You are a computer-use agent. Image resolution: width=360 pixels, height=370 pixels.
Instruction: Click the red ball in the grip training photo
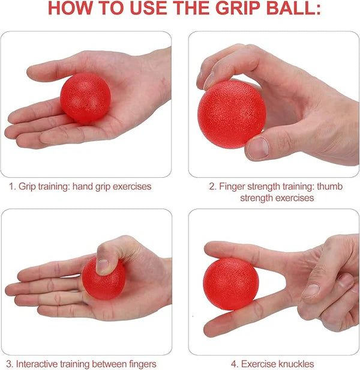[x=86, y=98]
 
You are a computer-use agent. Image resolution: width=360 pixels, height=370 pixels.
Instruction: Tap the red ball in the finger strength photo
[x=232, y=114]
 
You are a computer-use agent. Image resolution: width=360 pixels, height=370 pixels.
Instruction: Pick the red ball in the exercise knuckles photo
[x=230, y=284]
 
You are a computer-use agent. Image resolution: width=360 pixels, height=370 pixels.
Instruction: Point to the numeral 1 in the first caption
[x=11, y=187]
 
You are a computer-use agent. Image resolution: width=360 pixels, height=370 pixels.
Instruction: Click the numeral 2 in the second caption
[x=212, y=187]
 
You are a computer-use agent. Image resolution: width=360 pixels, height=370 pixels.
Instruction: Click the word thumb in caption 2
[x=331, y=187]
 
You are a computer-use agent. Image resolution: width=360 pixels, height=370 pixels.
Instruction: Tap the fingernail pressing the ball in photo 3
[x=103, y=265]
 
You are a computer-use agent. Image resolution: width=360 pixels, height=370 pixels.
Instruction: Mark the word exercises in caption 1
[x=132, y=187]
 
